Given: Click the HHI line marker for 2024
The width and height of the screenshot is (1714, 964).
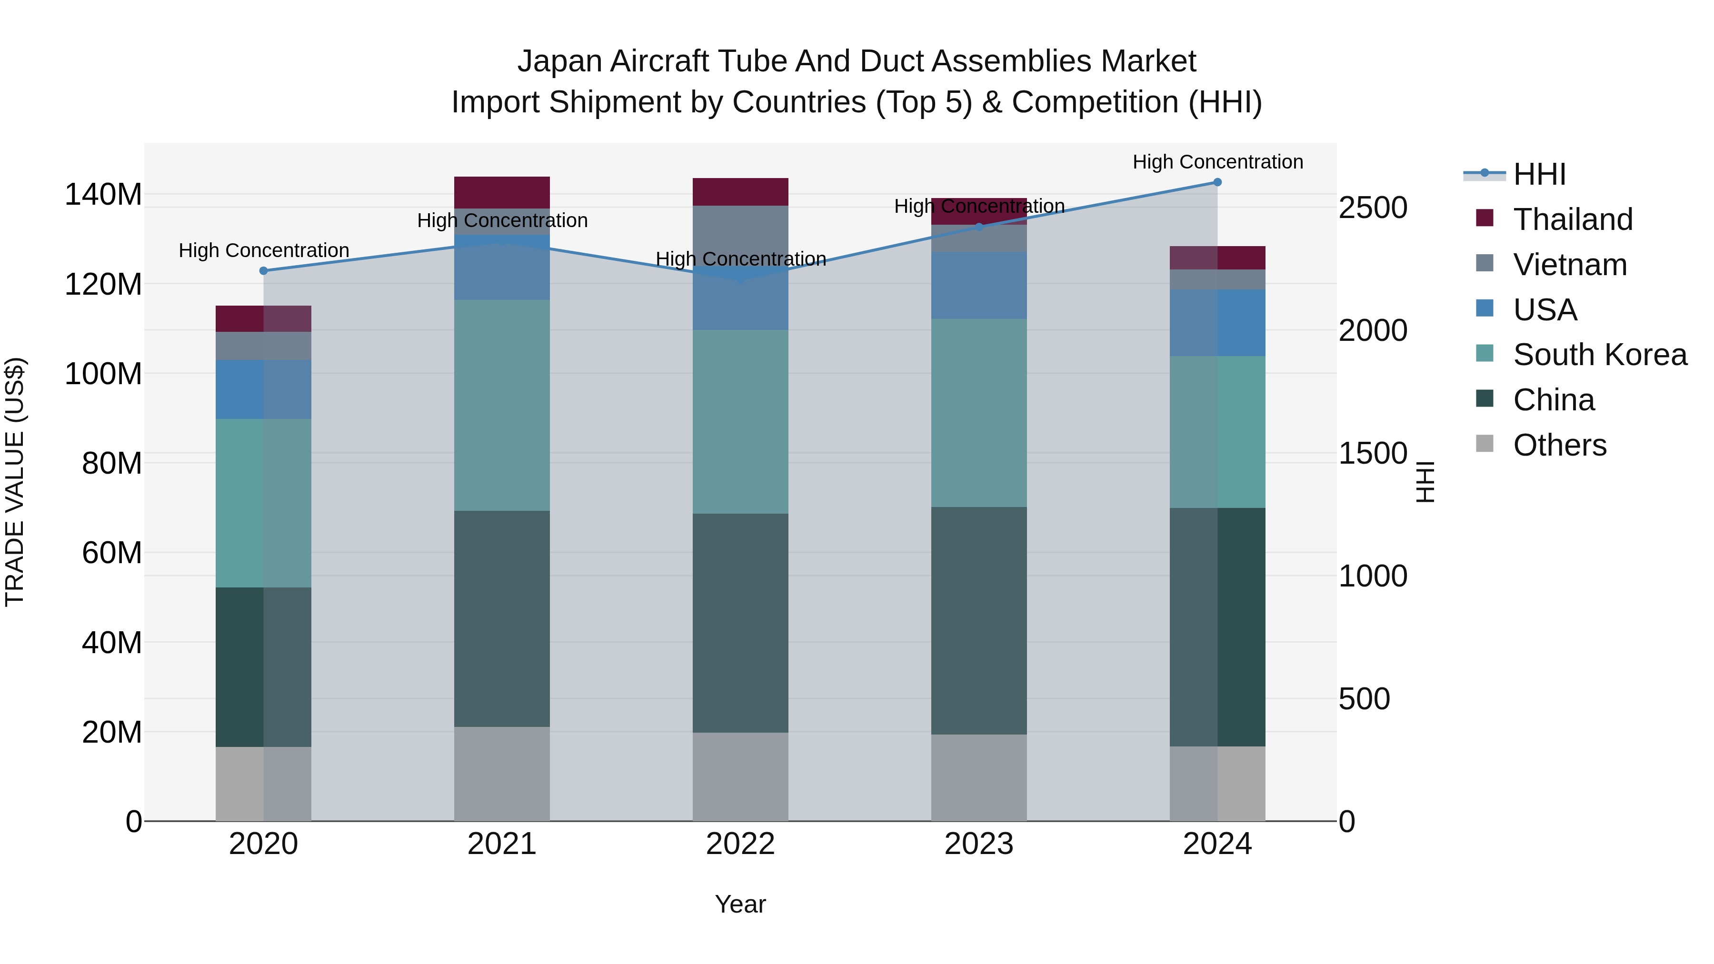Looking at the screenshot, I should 1217,182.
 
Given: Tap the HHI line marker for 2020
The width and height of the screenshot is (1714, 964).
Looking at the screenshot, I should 263,271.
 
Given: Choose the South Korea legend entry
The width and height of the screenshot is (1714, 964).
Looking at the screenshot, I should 1600,355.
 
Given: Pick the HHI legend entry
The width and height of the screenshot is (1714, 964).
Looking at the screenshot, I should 1539,174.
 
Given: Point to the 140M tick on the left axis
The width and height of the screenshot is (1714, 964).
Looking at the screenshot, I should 103,195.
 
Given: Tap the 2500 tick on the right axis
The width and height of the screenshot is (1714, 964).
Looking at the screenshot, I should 1373,208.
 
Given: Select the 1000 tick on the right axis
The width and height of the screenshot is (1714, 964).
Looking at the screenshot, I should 1373,576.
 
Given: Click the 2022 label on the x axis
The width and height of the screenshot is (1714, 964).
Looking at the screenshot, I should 740,844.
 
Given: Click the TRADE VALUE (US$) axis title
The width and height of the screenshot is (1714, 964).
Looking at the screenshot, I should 15,482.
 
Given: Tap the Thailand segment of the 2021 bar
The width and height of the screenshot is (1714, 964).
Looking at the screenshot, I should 502,192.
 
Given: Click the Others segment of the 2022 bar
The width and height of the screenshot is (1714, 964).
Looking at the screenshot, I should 740,776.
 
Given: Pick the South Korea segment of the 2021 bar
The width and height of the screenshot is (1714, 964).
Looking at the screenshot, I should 502,405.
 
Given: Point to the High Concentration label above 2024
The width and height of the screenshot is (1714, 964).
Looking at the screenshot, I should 1217,162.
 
